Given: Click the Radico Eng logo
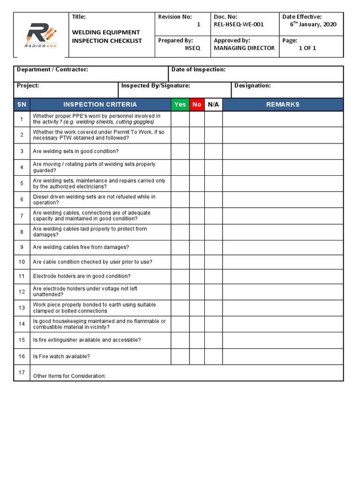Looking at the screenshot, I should [x=41, y=35].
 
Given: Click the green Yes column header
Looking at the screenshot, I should [x=180, y=105].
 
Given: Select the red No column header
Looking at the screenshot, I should [x=197, y=105].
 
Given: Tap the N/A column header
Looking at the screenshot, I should [x=213, y=105].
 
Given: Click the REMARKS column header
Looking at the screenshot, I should [x=283, y=105].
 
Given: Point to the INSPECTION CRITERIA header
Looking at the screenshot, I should [x=100, y=105].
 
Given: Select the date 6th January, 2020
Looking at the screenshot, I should [x=313, y=25].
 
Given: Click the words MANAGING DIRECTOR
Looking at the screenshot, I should [x=244, y=48].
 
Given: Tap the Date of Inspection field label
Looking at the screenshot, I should [x=198, y=69].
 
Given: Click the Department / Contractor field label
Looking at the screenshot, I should [x=52, y=69].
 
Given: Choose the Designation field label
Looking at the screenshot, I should [x=252, y=86].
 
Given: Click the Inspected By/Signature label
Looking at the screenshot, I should [x=156, y=86].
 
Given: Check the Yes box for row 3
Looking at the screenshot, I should [x=180, y=151].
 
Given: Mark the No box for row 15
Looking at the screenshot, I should [x=197, y=340].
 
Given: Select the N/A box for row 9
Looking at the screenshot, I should [x=213, y=247].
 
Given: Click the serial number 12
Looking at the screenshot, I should [x=22, y=292].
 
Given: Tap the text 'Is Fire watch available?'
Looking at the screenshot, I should [x=61, y=356].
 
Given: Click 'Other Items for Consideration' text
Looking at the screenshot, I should [x=69, y=376].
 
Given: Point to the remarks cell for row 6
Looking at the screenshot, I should [x=283, y=200].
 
